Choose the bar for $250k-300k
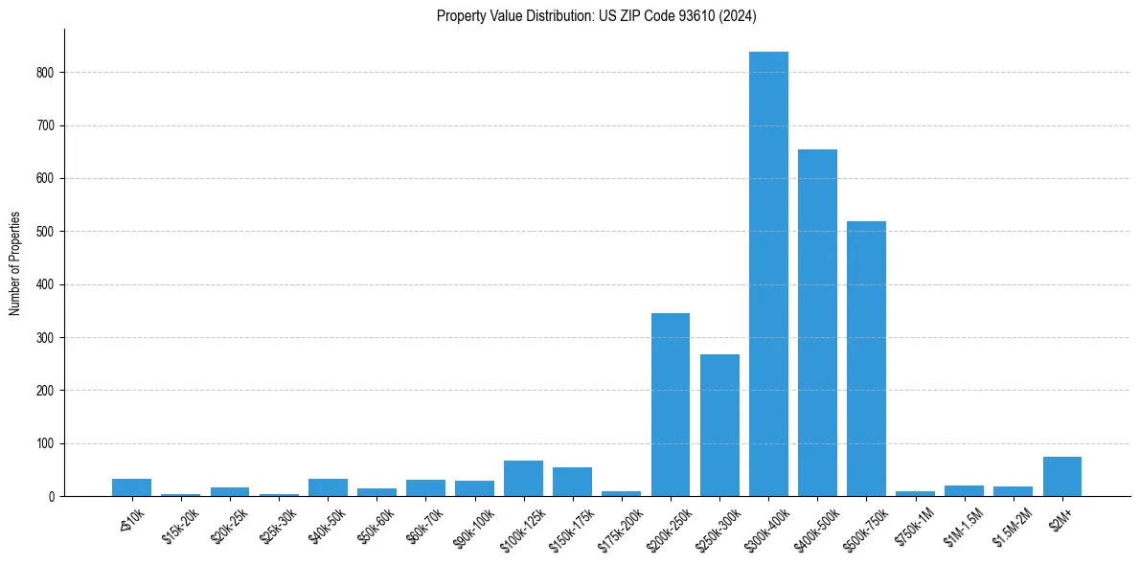coord(719,425)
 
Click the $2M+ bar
coord(1061,477)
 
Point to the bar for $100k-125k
coord(523,479)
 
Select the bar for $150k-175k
coord(572,483)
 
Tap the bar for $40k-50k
coord(328,487)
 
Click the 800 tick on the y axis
coord(48,73)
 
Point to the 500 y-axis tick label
coord(48,232)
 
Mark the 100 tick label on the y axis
coord(48,444)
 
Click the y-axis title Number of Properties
coord(15,263)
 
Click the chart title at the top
coord(597,15)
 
